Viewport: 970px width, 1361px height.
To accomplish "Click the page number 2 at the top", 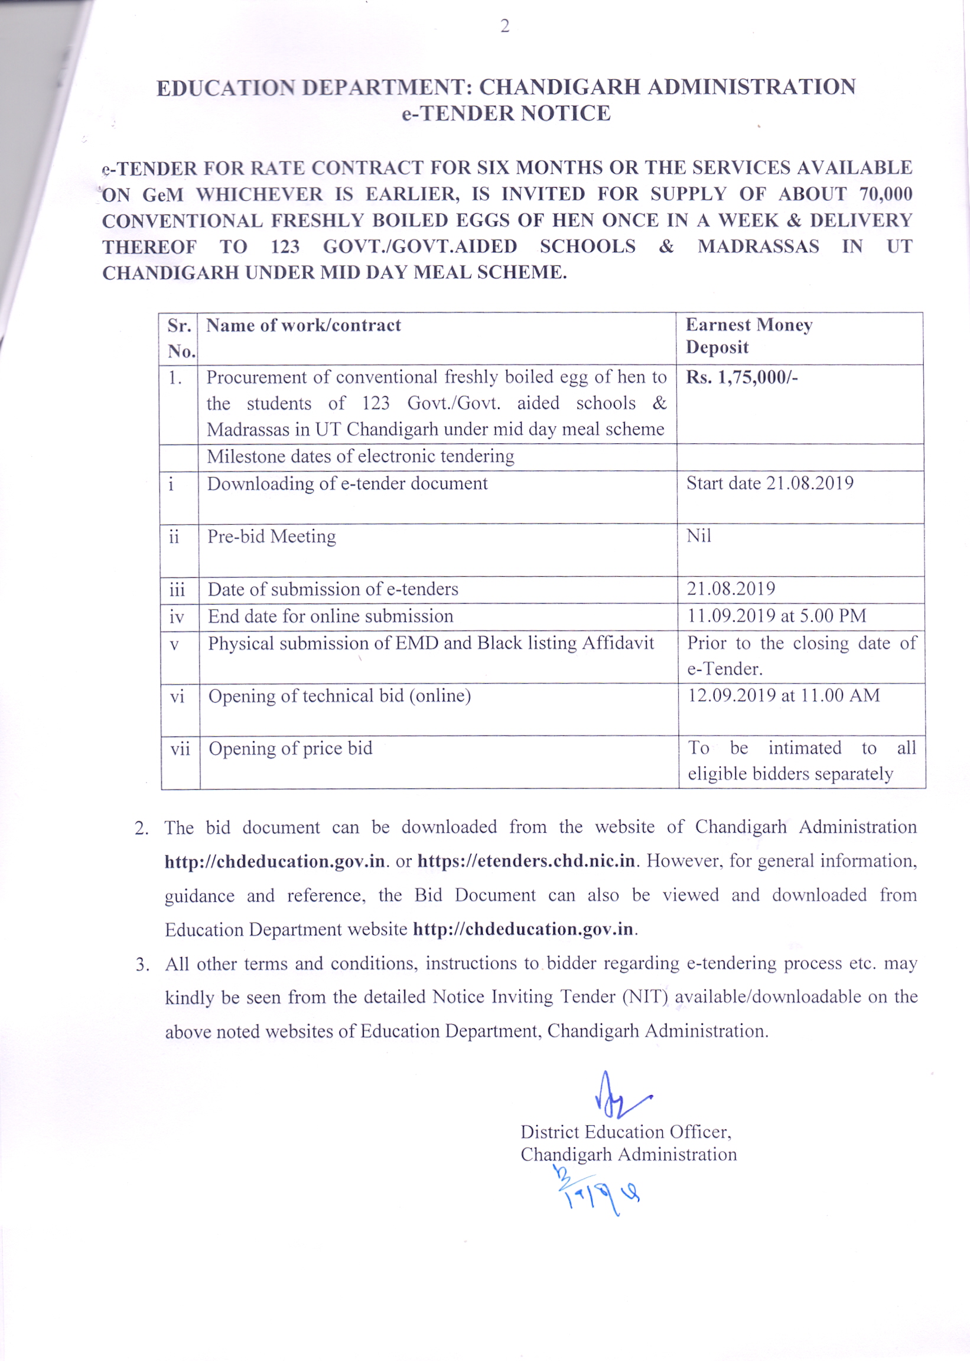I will click(x=504, y=26).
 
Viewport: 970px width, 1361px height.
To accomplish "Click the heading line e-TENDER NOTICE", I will click(x=506, y=113).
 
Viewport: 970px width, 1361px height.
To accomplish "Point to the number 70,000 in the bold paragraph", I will click(x=886, y=194).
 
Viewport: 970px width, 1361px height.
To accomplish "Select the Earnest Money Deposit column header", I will click(x=748, y=336).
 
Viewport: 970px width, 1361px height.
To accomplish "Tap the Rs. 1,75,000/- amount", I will click(x=741, y=378).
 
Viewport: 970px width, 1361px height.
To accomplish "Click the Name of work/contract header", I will click(x=304, y=326).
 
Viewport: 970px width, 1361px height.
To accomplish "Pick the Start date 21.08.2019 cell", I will click(x=769, y=483).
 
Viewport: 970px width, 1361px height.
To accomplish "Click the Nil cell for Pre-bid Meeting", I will click(x=698, y=536).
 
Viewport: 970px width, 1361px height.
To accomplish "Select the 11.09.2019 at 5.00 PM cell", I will click(x=776, y=615).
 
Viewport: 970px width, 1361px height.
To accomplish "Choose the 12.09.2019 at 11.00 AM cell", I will click(x=783, y=696).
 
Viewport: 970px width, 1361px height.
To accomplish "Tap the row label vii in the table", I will click(x=179, y=749).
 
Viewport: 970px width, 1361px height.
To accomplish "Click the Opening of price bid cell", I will click(x=290, y=749).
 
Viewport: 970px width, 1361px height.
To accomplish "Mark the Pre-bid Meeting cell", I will click(x=271, y=537).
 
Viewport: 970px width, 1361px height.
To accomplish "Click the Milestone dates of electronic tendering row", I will click(x=360, y=456).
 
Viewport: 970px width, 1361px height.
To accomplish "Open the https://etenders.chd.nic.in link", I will click(x=526, y=861).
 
